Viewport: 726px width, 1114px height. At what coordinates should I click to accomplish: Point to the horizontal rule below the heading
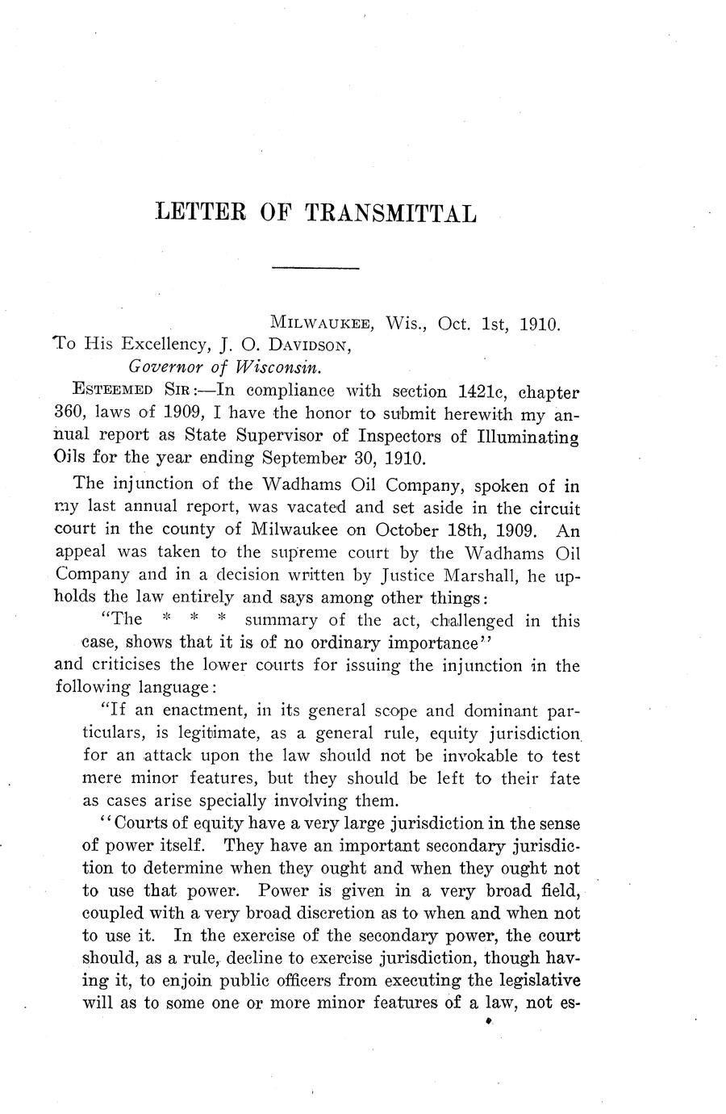click(315, 267)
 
